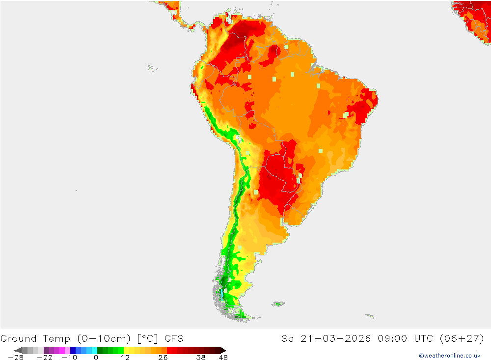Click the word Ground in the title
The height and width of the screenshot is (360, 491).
pos(19,338)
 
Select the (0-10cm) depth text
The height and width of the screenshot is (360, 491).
pos(103,338)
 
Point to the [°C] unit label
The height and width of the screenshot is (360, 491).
pos(146,338)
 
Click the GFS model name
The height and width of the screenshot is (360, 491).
pos(174,338)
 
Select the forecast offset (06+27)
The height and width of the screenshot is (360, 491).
pos(464,338)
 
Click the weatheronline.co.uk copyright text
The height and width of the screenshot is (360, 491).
pos(449,356)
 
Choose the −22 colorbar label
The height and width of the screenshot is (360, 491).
pos(45,358)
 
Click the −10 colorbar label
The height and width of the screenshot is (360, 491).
pos(69,358)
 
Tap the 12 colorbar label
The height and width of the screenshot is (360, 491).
pos(125,358)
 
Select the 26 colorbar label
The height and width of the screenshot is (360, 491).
pos(163,358)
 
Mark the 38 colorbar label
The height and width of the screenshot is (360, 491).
pos(201,358)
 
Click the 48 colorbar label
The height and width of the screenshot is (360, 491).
pos(223,358)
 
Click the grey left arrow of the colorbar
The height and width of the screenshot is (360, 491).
pos(18,350)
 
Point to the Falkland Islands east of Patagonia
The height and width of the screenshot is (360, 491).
pos(278,304)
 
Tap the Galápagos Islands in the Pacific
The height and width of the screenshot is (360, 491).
pos(151,68)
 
